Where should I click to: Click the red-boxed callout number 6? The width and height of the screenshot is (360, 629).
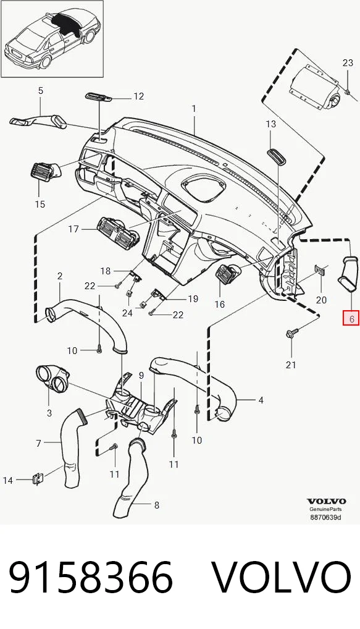tap(351, 319)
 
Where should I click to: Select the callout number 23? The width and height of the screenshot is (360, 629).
tap(348, 62)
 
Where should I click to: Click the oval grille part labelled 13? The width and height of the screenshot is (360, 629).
tap(277, 156)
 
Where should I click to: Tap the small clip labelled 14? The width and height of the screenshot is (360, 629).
tap(37, 478)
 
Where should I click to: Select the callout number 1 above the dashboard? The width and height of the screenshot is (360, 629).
tap(194, 109)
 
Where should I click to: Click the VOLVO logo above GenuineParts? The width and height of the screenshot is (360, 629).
tap(326, 501)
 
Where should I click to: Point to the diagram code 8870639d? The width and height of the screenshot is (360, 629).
tap(326, 517)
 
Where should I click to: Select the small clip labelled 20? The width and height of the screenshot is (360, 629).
tap(319, 270)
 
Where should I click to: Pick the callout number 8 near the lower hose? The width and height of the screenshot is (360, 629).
tap(157, 505)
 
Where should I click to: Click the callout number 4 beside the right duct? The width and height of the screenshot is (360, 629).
tap(261, 400)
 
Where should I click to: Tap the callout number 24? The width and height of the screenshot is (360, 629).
tap(127, 313)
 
